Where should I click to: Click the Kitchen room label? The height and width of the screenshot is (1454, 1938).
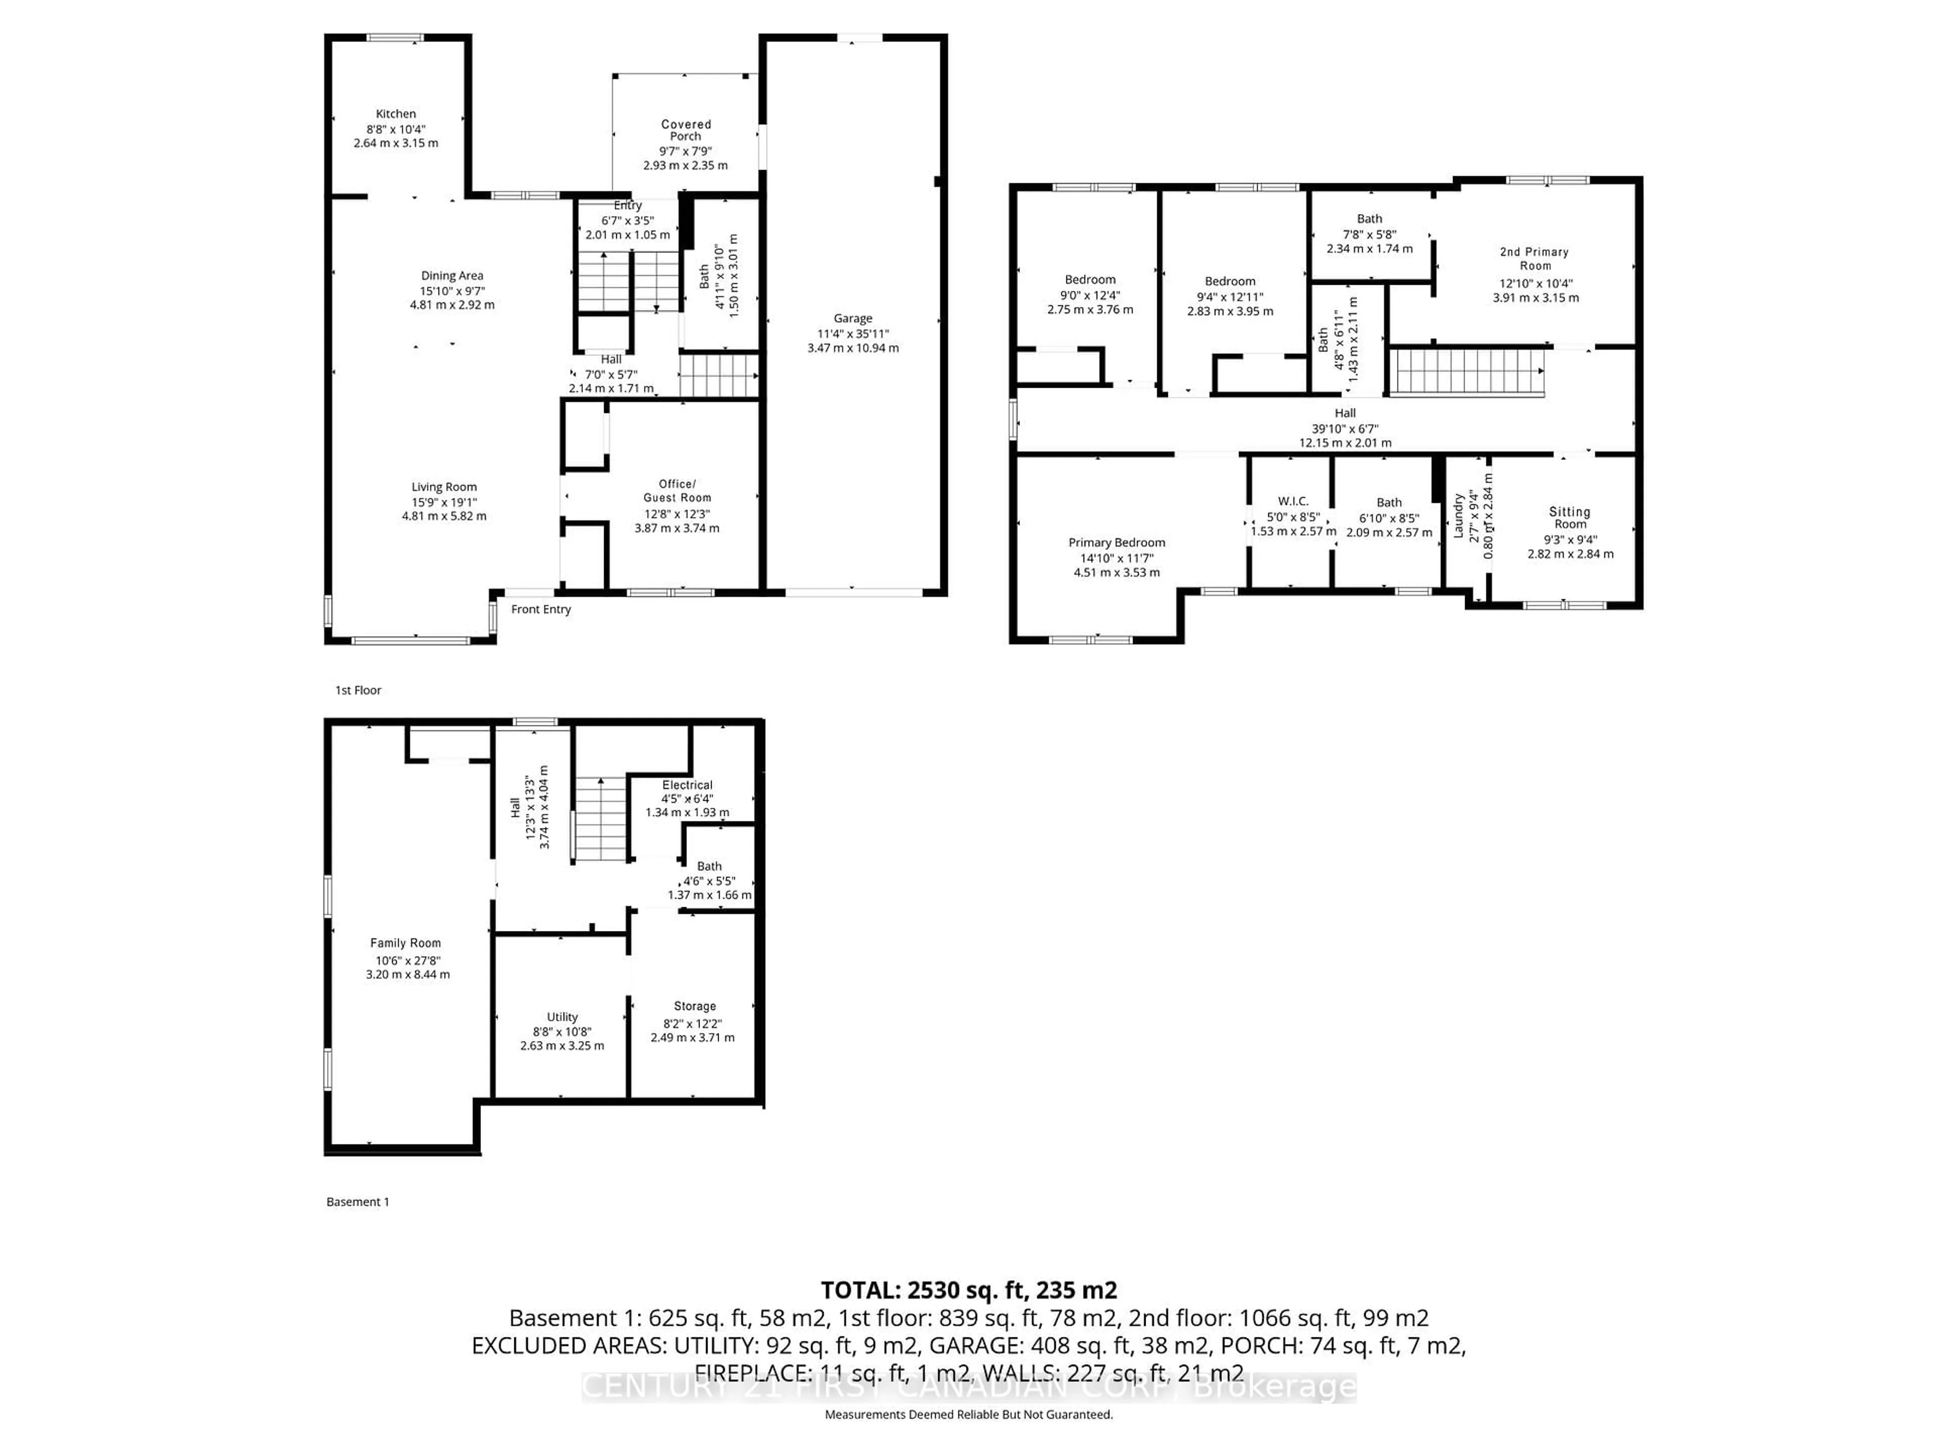click(396, 114)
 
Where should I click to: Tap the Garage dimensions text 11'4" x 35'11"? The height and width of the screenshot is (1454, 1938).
click(852, 334)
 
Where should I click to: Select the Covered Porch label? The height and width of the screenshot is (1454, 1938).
click(686, 131)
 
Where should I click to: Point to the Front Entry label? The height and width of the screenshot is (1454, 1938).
click(541, 609)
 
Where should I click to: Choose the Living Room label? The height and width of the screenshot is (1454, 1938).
click(444, 487)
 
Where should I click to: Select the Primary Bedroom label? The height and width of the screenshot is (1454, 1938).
click(1116, 543)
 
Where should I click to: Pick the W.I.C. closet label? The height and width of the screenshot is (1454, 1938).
click(1293, 501)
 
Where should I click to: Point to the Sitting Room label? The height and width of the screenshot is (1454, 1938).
click(1569, 517)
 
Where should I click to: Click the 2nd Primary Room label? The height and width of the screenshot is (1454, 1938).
click(1535, 258)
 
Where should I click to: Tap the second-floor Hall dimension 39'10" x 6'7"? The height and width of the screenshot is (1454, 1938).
click(1345, 429)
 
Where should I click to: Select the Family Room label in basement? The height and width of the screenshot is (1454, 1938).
click(406, 943)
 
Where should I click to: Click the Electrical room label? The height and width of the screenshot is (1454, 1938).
click(687, 785)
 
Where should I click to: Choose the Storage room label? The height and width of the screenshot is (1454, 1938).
click(695, 1006)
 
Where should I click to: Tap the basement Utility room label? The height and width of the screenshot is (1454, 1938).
click(563, 1017)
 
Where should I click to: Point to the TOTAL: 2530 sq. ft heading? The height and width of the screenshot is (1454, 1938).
click(968, 1290)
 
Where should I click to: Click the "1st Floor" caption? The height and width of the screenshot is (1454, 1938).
click(358, 691)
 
